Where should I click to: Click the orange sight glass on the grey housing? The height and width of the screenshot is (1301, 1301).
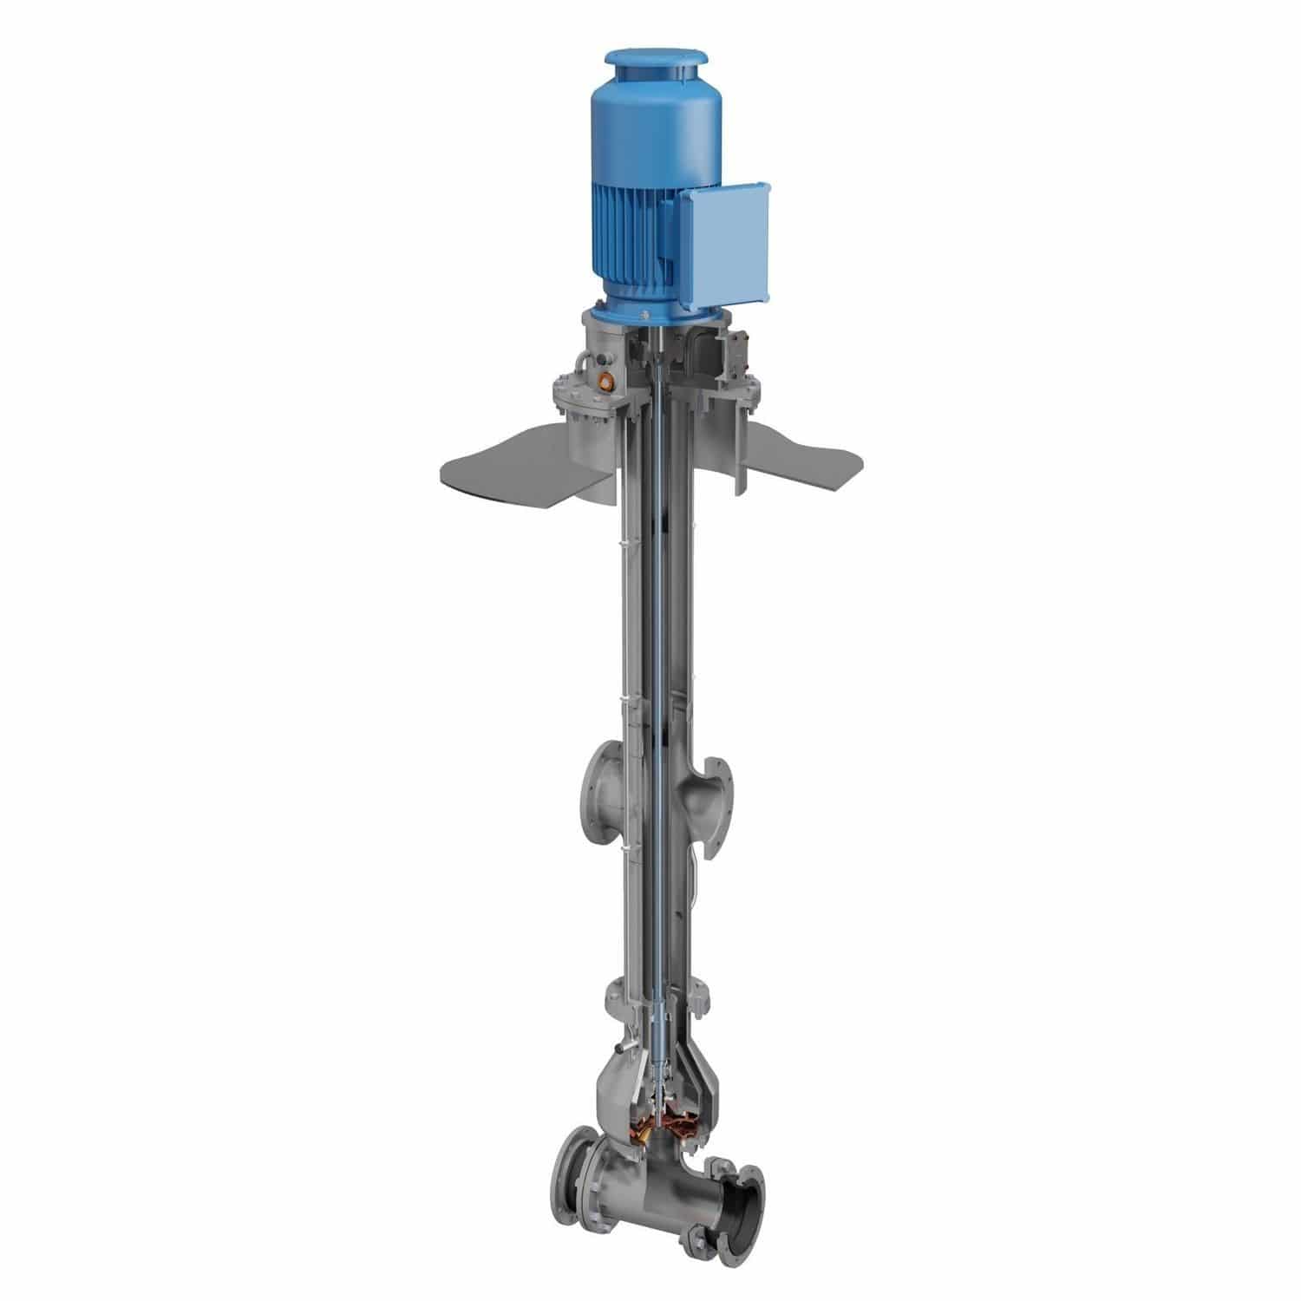click(605, 378)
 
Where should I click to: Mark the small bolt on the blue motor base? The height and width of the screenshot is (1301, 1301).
click(644, 313)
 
